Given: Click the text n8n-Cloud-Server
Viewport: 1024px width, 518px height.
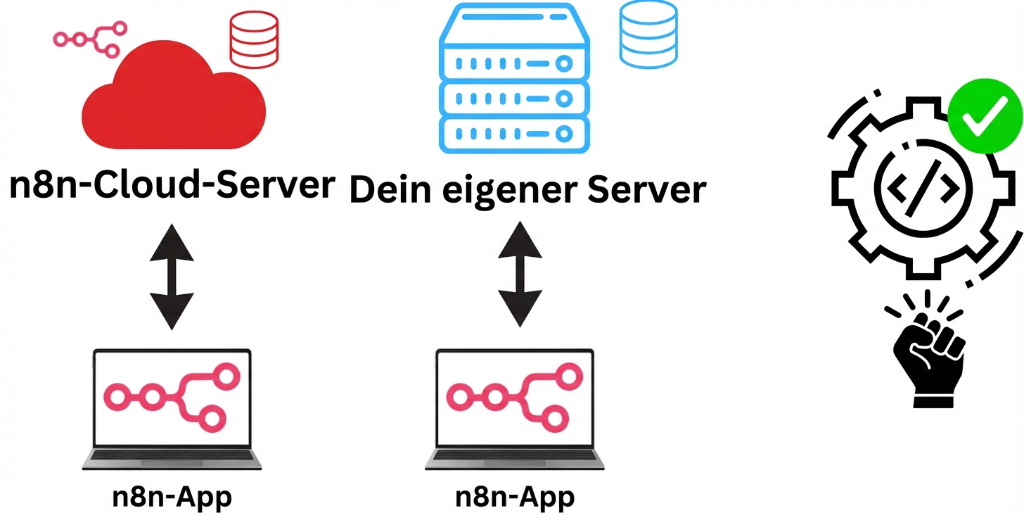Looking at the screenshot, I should [x=172, y=185].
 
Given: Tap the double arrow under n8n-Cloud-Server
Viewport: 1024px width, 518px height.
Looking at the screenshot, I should [x=171, y=277].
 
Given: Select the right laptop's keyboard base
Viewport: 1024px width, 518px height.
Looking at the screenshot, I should [x=514, y=459].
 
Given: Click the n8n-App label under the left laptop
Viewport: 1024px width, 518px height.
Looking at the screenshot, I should [x=172, y=498].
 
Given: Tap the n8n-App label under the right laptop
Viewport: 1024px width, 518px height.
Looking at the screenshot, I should [x=515, y=498].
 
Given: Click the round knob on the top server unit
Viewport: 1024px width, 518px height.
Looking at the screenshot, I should [x=562, y=64].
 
